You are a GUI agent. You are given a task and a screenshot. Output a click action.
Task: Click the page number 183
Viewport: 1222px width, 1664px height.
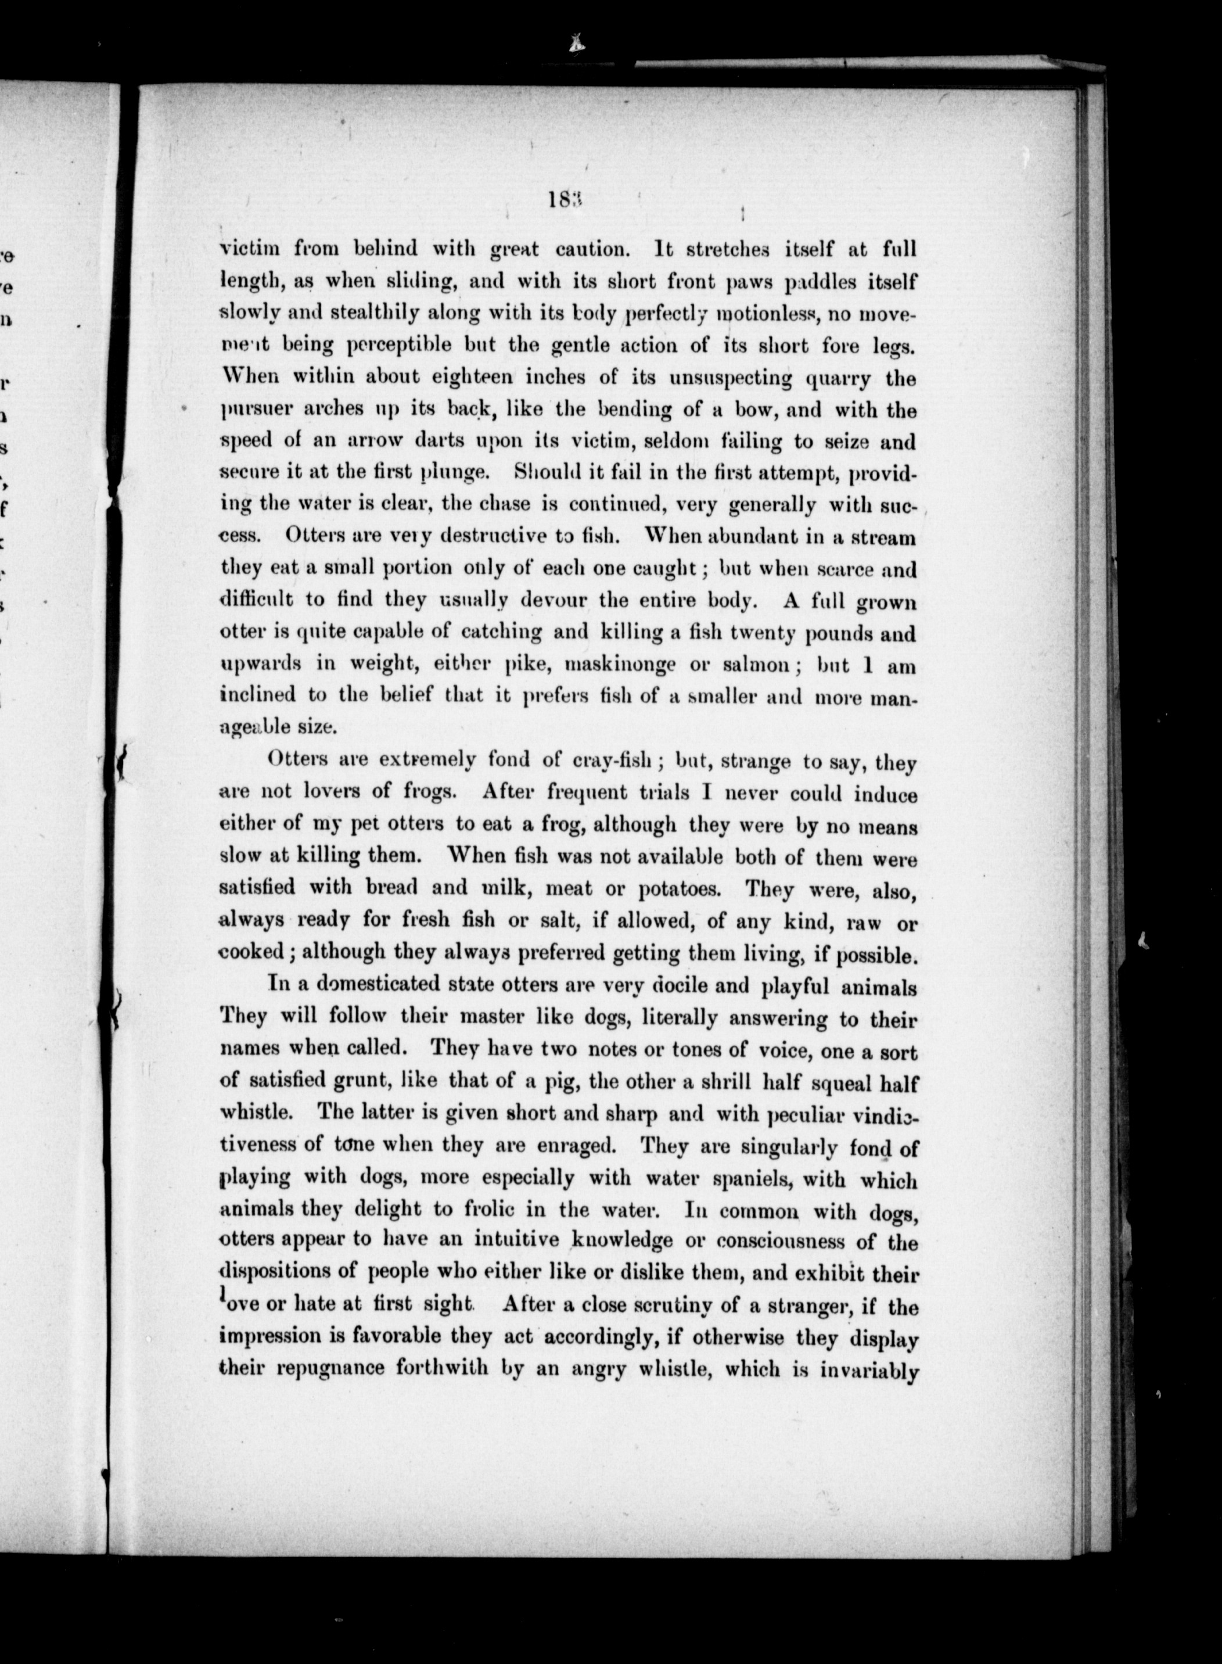(x=567, y=201)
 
